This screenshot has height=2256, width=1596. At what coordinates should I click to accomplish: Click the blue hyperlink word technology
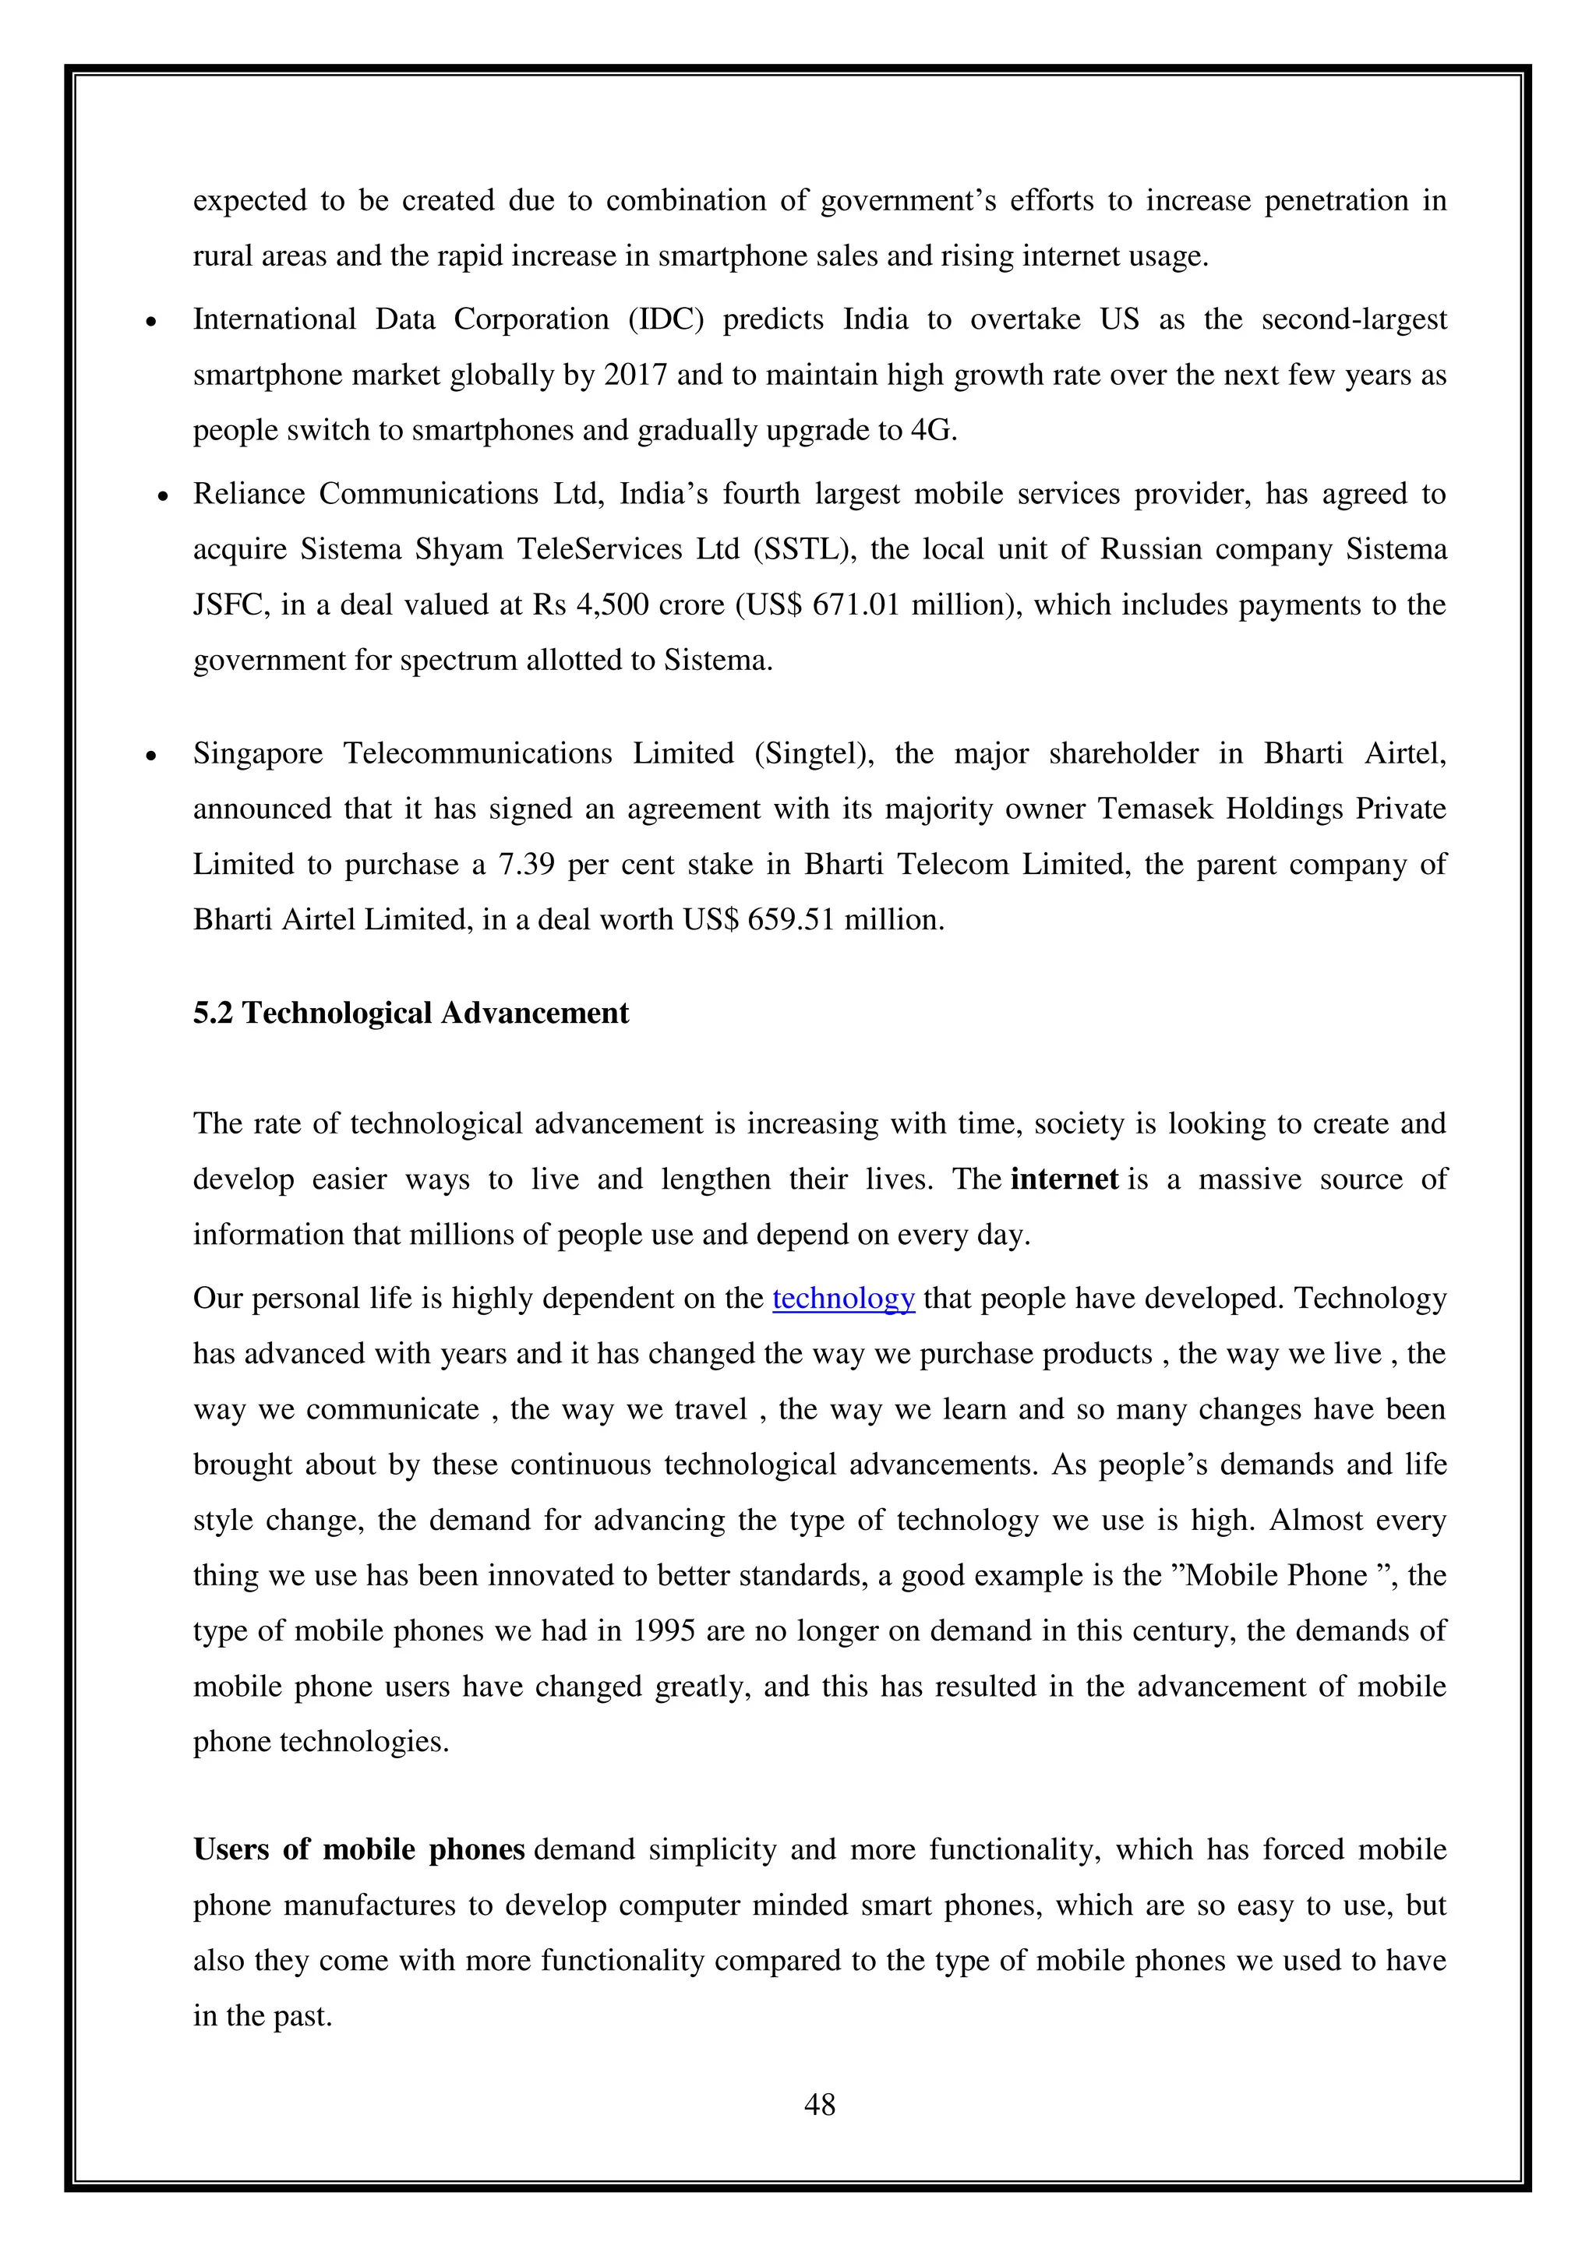pos(843,1299)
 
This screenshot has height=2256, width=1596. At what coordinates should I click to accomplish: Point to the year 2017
pos(635,375)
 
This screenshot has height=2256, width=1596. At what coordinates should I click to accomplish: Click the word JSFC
pos(229,605)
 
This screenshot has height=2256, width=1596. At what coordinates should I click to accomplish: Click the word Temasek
pos(1140,809)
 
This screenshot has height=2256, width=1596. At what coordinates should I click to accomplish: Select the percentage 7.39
pos(528,865)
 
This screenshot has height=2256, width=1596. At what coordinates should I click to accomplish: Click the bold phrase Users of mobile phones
pos(358,1850)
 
